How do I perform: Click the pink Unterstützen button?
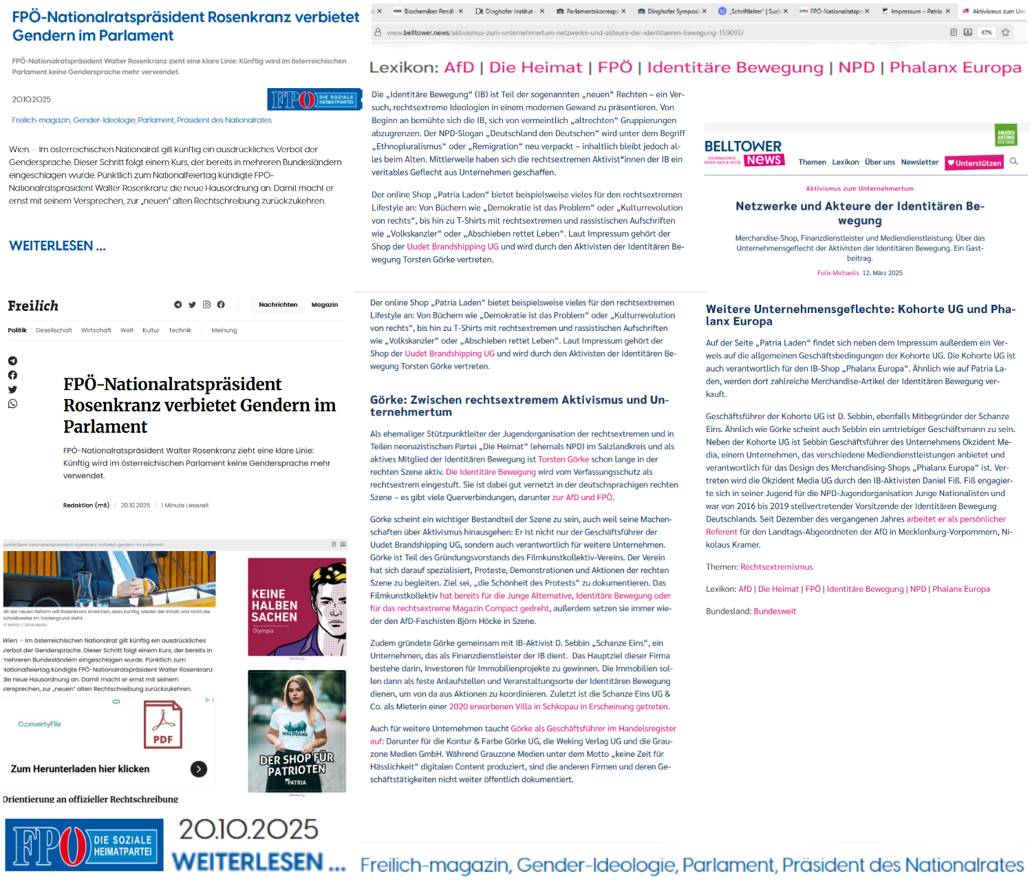pos(974,163)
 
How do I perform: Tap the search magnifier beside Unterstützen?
pos(1013,162)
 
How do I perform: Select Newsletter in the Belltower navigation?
pos(919,162)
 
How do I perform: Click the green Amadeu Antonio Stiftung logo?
pos(1006,136)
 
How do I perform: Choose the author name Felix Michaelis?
pos(838,273)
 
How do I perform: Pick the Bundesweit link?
pos(775,611)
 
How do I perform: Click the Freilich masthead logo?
pos(33,306)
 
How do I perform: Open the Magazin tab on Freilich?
pos(325,305)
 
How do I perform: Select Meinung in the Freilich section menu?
pos(224,330)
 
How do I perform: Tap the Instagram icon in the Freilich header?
pos(206,305)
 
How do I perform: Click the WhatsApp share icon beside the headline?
pos(12,404)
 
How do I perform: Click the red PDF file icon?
pos(163,724)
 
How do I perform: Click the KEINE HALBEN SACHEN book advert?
pos(297,606)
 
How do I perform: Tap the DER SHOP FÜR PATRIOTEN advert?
pos(297,731)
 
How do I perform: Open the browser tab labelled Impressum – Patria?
pos(915,11)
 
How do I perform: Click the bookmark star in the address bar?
pos(1005,32)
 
